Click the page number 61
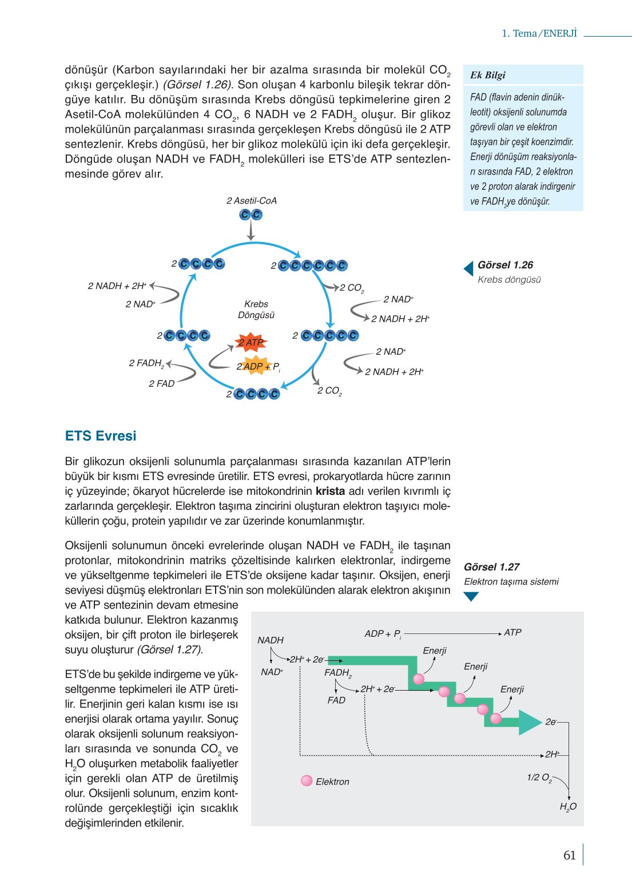click(569, 855)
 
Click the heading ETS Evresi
click(101, 436)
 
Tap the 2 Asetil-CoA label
click(251, 201)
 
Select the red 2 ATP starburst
click(251, 342)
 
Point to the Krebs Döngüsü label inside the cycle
click(256, 310)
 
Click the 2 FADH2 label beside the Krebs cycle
click(146, 363)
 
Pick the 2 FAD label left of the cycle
click(161, 384)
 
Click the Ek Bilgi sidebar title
click(487, 76)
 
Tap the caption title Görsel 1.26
click(505, 265)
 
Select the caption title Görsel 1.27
click(491, 567)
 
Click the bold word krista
click(330, 491)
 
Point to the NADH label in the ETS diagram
click(271, 640)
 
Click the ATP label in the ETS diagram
click(512, 633)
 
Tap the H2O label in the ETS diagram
click(568, 807)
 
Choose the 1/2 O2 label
click(539, 778)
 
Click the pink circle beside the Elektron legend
click(307, 781)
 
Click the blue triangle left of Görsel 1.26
click(468, 268)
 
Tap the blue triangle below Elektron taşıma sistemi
click(471, 596)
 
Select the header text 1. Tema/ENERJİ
click(539, 33)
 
